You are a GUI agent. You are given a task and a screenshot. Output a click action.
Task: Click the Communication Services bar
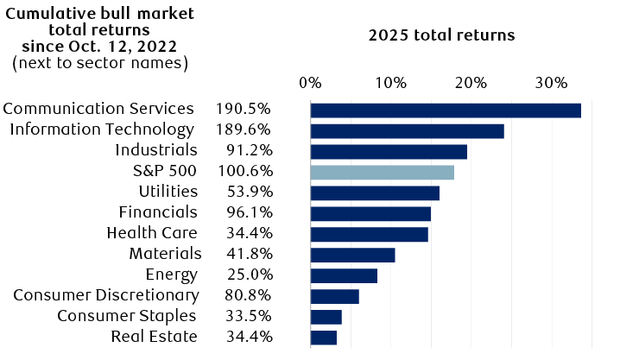[445, 110]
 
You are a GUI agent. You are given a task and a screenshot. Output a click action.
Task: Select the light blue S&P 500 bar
[382, 172]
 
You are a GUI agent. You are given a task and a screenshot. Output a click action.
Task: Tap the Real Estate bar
[323, 338]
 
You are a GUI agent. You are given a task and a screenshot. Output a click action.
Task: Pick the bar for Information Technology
[407, 130]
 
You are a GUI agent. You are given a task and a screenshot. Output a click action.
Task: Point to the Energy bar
[344, 275]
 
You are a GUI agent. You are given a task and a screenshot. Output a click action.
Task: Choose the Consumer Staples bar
[326, 317]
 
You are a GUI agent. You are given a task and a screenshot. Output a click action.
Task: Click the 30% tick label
[551, 84]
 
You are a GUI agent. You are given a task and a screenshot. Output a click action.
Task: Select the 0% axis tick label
[310, 84]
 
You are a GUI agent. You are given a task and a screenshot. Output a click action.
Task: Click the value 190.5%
[244, 109]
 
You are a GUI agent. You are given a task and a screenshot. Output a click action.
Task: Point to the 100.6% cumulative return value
[244, 171]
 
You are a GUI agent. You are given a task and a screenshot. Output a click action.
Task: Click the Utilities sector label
[168, 191]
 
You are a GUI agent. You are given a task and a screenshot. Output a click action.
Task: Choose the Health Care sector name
[152, 233]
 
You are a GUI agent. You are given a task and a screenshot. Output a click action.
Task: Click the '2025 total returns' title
[441, 35]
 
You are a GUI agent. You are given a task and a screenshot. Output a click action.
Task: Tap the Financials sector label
[158, 212]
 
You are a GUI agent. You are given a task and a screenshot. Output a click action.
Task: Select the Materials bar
[352, 255]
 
